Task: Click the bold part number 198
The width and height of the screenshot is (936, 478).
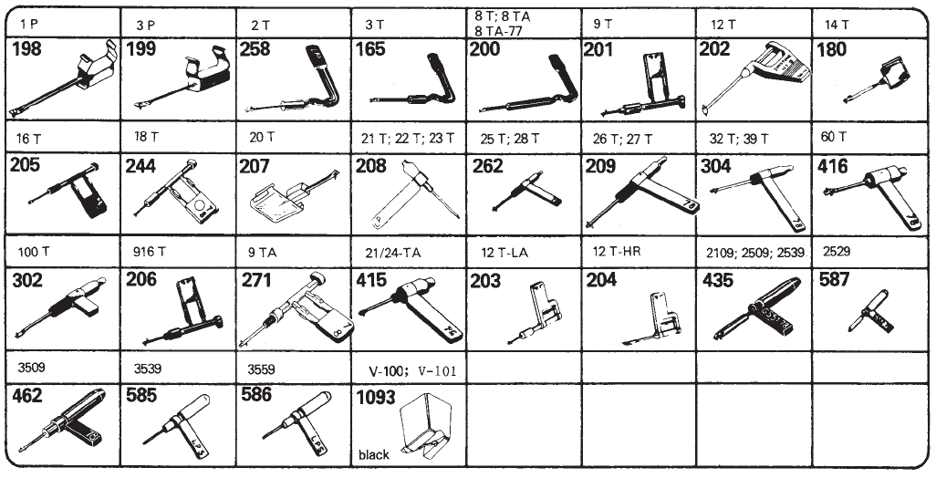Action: (26, 49)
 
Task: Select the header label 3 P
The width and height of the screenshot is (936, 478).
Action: (146, 26)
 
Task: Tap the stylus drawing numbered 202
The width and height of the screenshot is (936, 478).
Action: (756, 78)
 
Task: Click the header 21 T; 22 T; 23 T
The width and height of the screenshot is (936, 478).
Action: (408, 139)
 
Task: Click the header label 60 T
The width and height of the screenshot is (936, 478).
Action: (833, 137)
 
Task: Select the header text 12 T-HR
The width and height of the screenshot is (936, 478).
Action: (617, 251)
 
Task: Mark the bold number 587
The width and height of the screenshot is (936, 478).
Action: (835, 280)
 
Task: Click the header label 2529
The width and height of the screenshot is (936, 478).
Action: (837, 251)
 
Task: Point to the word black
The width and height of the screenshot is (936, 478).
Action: (374, 454)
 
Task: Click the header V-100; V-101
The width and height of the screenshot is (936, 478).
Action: (412, 370)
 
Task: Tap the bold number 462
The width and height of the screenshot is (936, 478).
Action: (26, 395)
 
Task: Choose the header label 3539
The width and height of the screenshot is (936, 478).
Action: (148, 369)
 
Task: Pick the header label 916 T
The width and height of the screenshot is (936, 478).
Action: (150, 251)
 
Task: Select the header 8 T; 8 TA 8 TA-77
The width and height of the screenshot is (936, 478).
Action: (500, 24)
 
